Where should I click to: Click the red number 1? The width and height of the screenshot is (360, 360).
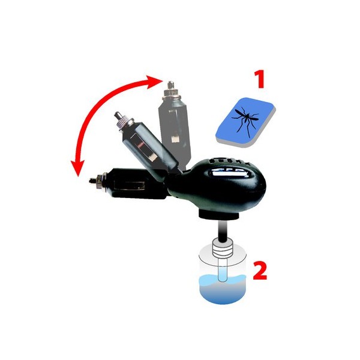(x=260, y=79)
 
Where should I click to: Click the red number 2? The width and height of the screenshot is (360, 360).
(x=260, y=271)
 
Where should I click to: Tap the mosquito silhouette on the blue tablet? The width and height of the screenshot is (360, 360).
(x=245, y=119)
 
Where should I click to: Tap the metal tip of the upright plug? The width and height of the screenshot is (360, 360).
(x=170, y=85)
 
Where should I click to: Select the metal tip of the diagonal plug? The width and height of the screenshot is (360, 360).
(x=118, y=115)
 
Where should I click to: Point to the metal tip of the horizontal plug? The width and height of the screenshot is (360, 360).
(x=93, y=181)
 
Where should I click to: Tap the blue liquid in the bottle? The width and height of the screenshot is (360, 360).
(x=222, y=290)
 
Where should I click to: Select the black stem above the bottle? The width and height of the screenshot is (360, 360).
(x=223, y=230)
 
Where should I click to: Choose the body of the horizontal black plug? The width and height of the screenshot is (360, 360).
(x=138, y=184)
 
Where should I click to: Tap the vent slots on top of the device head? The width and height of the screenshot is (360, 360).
(x=229, y=161)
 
